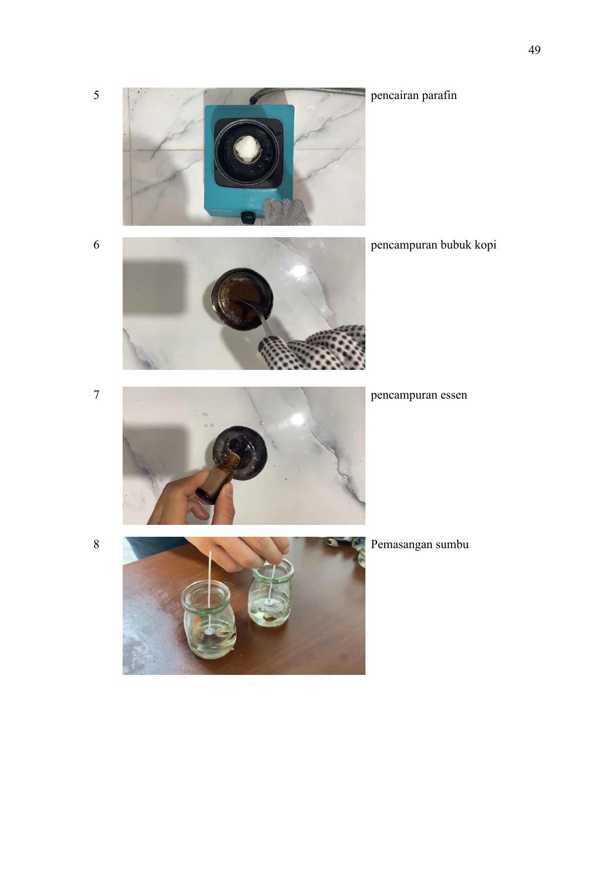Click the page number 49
tap(534, 50)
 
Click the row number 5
tap(96, 95)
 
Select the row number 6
tap(96, 245)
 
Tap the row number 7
tap(96, 395)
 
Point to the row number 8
tap(96, 544)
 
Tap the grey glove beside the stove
tap(285, 211)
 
